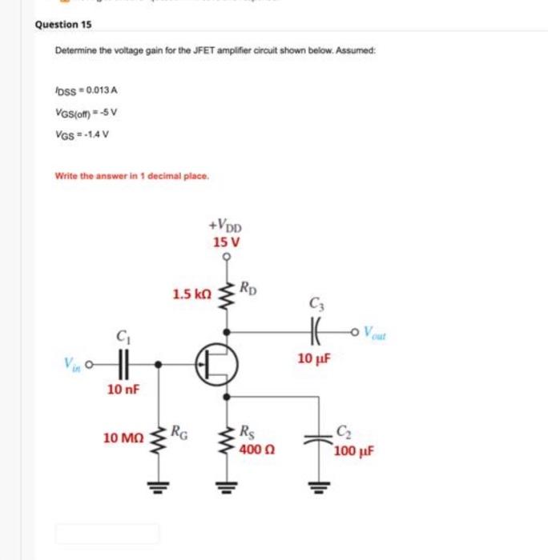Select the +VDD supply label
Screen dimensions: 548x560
(x=227, y=226)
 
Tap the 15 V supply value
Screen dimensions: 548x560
(x=227, y=241)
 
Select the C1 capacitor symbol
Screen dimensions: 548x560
(x=123, y=364)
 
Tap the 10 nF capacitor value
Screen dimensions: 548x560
(x=123, y=390)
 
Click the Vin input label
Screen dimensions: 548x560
(x=72, y=363)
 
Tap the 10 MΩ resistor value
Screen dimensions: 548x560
(x=123, y=438)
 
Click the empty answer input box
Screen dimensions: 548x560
(x=107, y=534)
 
